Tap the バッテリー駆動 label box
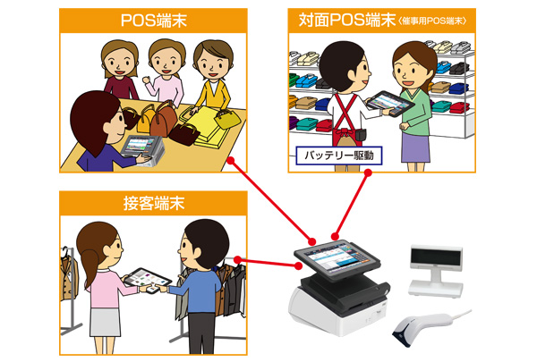click(339, 156)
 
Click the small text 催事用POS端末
click(424, 21)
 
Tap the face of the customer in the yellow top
click(211, 62)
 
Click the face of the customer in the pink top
click(166, 60)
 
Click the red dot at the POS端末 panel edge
click(231, 162)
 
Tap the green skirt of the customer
click(415, 144)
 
